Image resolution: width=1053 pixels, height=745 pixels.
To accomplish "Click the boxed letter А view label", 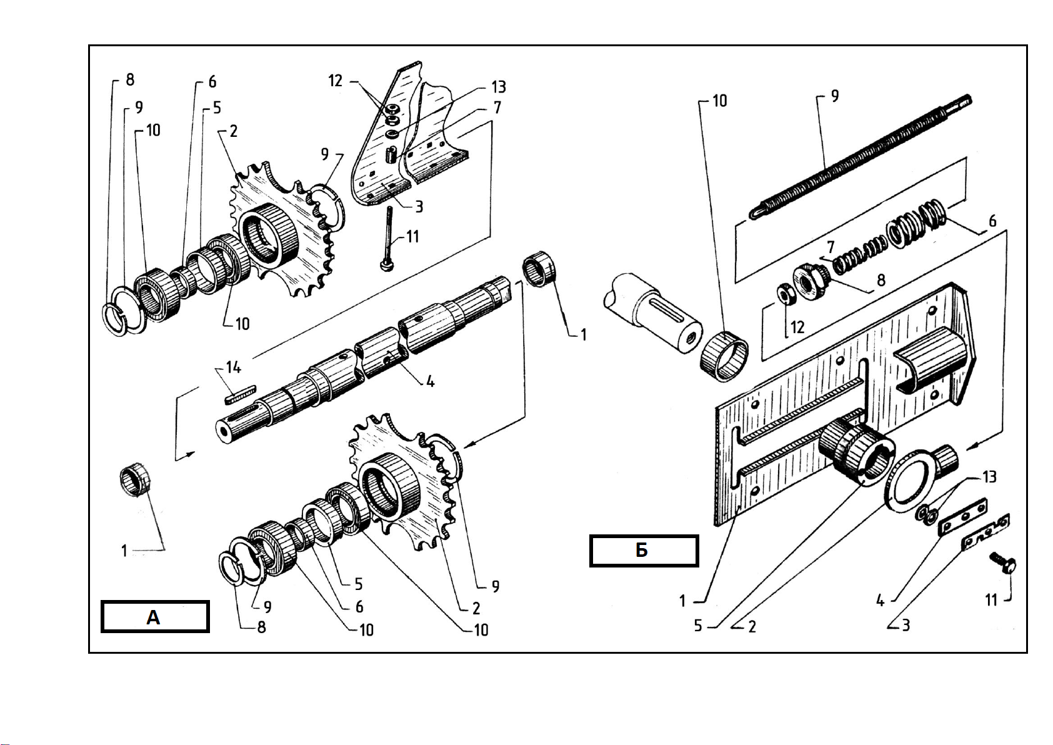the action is coord(154,617).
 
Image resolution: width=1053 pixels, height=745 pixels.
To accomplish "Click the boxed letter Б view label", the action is coord(644,551).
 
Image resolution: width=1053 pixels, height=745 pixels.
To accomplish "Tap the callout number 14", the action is coord(233,367).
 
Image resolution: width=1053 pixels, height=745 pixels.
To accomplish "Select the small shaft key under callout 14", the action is coord(240,394).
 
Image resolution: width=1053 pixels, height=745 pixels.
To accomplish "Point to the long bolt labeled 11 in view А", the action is coord(388,239).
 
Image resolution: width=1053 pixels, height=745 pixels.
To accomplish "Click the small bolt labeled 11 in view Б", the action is coord(1003,562).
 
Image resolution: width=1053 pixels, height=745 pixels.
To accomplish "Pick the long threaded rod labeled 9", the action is coord(861,157).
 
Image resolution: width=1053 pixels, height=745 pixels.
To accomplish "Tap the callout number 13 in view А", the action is coord(498,87).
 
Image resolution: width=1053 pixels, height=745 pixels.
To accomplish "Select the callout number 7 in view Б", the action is coord(831,246).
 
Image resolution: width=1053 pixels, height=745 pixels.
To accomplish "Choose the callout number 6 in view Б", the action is coord(992,221).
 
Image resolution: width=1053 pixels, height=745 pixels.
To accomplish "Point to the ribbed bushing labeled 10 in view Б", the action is coord(724,356).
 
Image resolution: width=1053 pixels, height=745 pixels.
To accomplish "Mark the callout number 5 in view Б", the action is coord(698,626).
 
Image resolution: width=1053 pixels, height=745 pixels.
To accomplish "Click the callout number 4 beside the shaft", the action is coord(430,381).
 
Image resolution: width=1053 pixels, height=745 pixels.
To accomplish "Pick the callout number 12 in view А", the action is coord(335,81).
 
